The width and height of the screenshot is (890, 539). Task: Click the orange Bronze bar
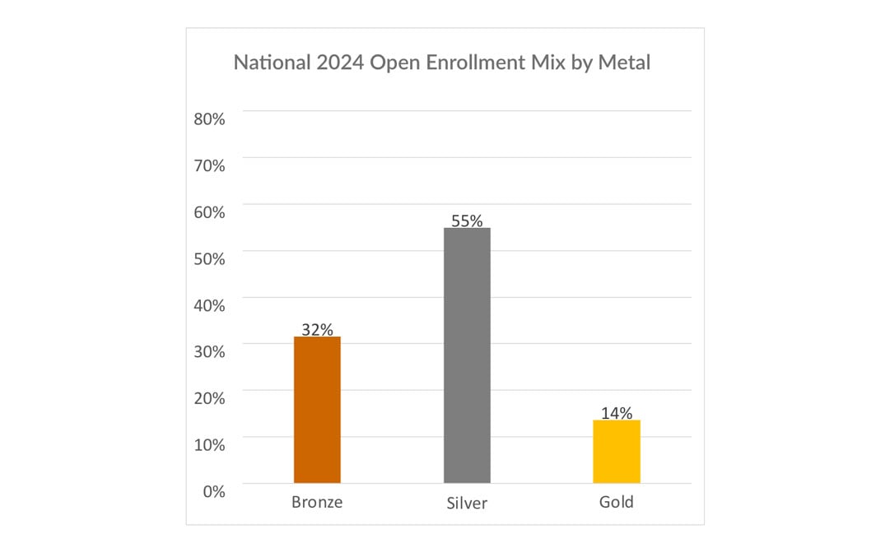[317, 410]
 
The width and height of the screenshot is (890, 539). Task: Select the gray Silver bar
[467, 355]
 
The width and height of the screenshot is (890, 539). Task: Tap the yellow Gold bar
[617, 452]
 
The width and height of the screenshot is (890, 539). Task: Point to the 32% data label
[317, 329]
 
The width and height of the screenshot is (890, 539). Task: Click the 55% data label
[467, 221]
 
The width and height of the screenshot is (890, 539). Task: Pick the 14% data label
[617, 413]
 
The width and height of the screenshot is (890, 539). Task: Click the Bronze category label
[317, 502]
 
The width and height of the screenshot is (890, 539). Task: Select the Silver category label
[467, 503]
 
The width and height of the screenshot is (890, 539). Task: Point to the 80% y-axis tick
[209, 118]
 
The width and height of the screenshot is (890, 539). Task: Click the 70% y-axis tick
[209, 165]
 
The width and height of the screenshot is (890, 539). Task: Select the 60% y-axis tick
[209, 211]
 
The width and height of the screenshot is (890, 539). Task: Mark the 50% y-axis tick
[209, 258]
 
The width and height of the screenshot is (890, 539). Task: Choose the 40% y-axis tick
[209, 304]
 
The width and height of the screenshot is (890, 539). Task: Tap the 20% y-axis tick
[209, 397]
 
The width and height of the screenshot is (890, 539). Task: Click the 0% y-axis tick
[213, 490]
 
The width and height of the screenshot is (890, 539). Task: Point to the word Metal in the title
[623, 63]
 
